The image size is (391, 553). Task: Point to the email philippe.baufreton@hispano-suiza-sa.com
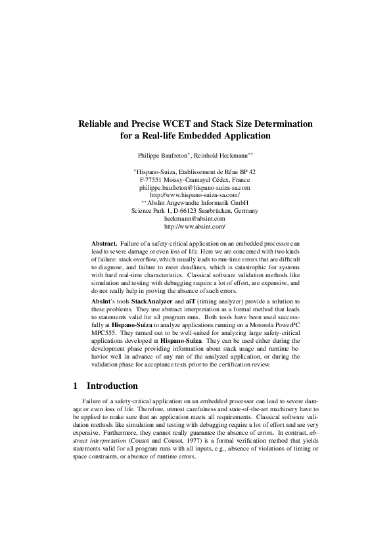(195, 187)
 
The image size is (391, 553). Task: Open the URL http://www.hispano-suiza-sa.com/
(195, 195)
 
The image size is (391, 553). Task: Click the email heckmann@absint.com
(195, 219)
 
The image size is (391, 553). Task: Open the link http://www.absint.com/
(195, 227)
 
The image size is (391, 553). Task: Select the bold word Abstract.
(104, 243)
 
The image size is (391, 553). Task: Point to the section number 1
(76, 386)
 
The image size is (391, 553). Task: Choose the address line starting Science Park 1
(195, 211)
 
